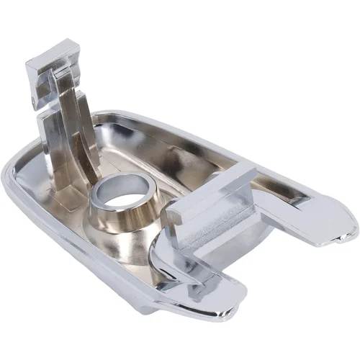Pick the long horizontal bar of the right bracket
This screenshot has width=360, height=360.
(x=216, y=193)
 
